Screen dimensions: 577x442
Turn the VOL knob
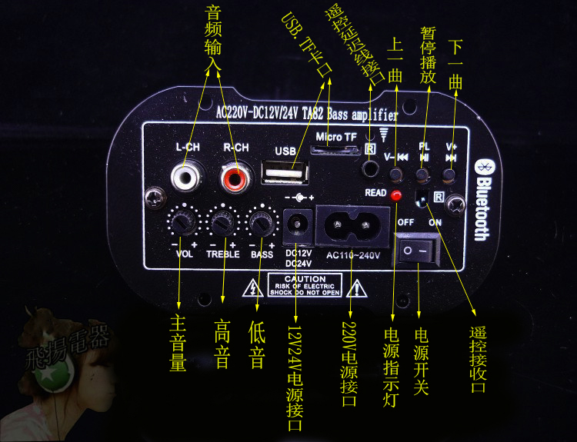pyautogui.click(x=182, y=223)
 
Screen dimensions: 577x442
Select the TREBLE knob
pyautogui.click(x=223, y=223)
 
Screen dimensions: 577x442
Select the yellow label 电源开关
pyautogui.click(x=420, y=361)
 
